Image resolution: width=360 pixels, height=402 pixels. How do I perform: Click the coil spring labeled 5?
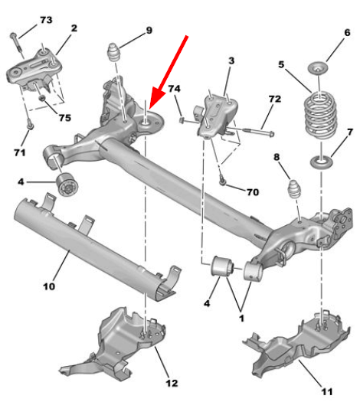[320, 116]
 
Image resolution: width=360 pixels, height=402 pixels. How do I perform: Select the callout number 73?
[46, 20]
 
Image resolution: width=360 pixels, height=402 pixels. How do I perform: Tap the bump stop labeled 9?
[113, 53]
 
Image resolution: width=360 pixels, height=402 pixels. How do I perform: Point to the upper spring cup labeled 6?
[318, 67]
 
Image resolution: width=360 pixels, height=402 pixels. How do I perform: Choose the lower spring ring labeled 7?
[321, 162]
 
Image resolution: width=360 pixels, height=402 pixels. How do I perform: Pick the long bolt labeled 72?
[250, 130]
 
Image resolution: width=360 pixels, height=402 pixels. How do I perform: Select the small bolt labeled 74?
[188, 121]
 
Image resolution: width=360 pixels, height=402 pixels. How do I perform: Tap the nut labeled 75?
[42, 98]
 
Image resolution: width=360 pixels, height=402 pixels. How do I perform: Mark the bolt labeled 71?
[31, 125]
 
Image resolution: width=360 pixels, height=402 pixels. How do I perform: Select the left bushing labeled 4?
[67, 185]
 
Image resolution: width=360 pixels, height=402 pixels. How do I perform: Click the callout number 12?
[172, 384]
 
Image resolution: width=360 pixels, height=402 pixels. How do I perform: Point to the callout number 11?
[326, 391]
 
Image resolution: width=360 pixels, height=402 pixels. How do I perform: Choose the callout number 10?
[49, 286]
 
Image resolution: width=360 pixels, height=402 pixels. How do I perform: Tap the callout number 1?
[241, 319]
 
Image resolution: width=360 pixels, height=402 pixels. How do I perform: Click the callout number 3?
[231, 60]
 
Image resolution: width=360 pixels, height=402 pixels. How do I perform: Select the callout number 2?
[74, 28]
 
